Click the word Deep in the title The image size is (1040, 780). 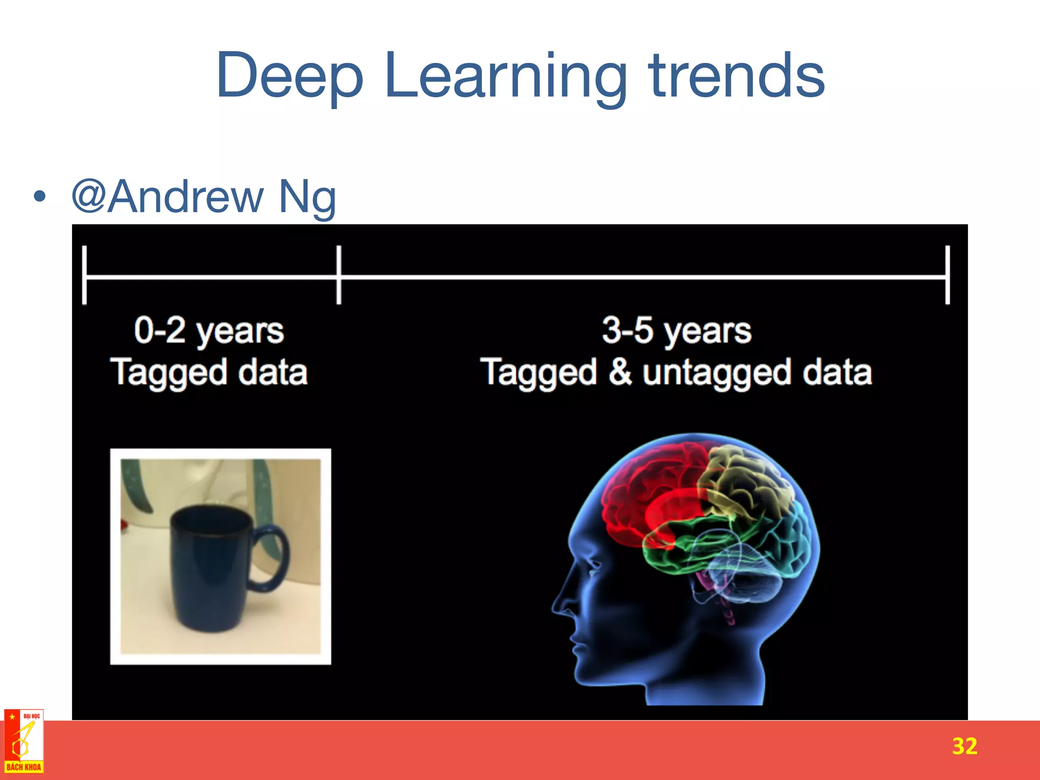[x=289, y=76]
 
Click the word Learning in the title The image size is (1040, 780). [x=505, y=76]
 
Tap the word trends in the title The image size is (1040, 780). [x=736, y=76]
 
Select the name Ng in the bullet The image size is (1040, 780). [x=307, y=197]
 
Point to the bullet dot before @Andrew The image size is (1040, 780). [x=40, y=197]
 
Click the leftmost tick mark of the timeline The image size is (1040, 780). [x=84, y=275]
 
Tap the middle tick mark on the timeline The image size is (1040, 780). [x=339, y=275]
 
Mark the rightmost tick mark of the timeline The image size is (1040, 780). [x=947, y=275]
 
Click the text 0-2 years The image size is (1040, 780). [x=209, y=331]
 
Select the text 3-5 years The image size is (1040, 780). [x=676, y=331]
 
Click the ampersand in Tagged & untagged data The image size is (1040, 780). [x=620, y=372]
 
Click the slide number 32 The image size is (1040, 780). [x=964, y=746]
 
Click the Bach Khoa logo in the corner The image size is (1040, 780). [x=24, y=741]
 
